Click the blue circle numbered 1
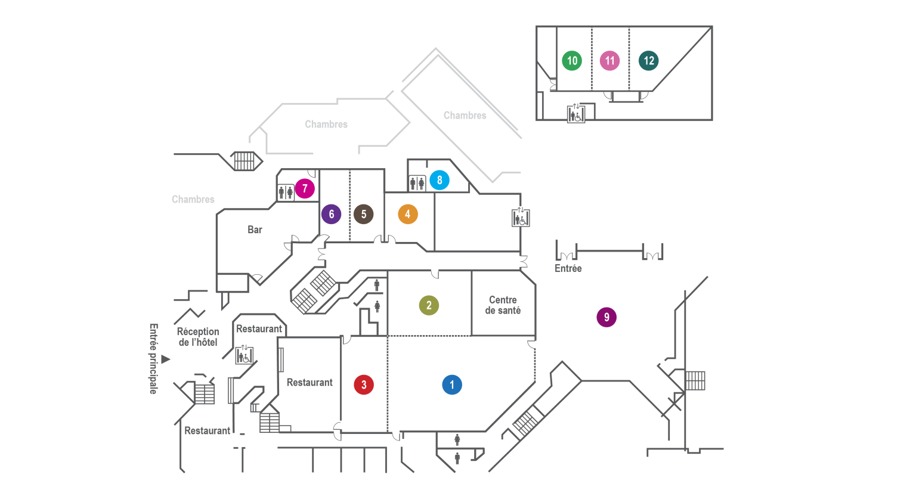(x=452, y=385)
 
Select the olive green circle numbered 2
(x=429, y=305)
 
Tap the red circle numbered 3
(x=364, y=385)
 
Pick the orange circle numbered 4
(x=408, y=214)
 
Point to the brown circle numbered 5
(x=363, y=214)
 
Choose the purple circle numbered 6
(x=332, y=214)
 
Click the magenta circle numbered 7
(x=305, y=189)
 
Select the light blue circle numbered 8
(x=440, y=180)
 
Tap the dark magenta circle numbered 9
(x=606, y=317)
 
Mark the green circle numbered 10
(x=572, y=60)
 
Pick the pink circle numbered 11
(x=609, y=60)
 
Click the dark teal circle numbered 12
(x=649, y=60)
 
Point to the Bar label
(x=255, y=230)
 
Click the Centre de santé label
(x=503, y=305)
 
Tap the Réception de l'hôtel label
(x=198, y=337)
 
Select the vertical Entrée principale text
(x=153, y=358)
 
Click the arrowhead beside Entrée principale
(x=166, y=359)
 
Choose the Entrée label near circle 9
(x=568, y=269)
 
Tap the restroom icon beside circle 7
(x=286, y=192)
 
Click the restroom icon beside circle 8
(x=417, y=183)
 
